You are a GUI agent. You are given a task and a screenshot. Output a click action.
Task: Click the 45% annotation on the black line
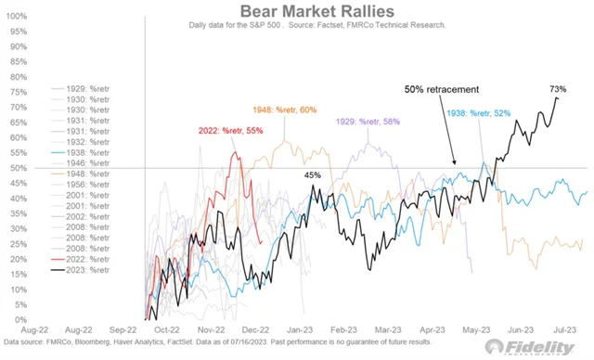click(313, 174)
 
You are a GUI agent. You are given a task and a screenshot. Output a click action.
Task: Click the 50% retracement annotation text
click(442, 89)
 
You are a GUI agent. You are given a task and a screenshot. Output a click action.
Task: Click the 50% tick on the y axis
click(17, 169)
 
